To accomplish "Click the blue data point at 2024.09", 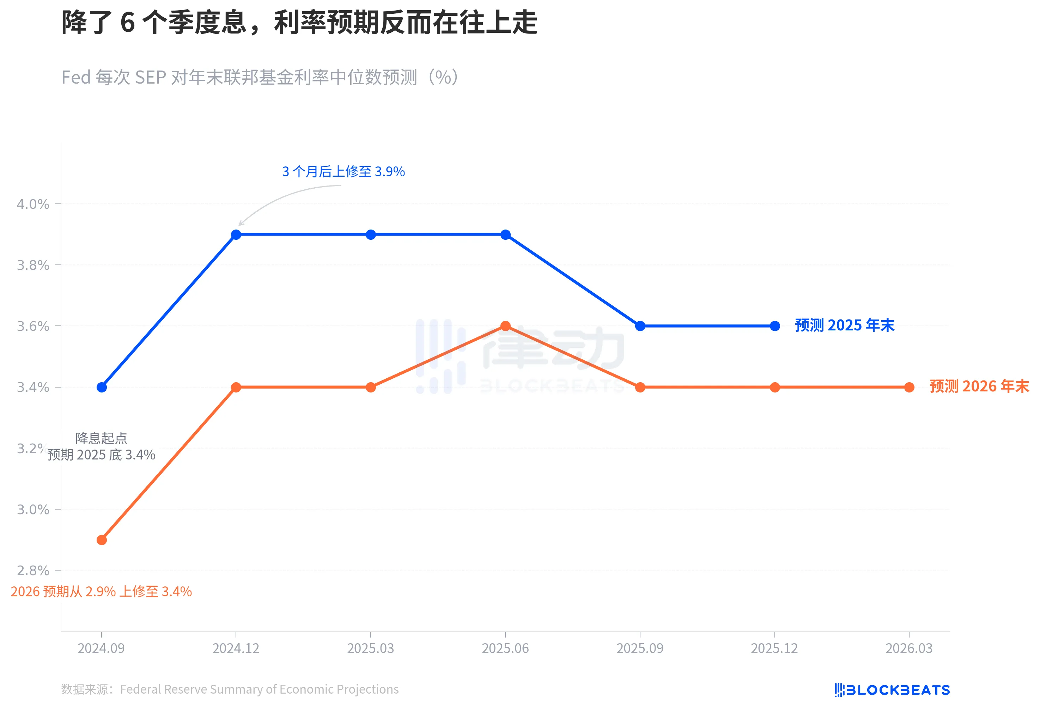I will (x=102, y=387).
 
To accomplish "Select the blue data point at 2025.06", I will (x=505, y=234).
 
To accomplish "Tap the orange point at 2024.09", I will (x=102, y=540).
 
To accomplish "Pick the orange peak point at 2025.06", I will (x=505, y=326).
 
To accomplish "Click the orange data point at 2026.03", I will (x=909, y=387).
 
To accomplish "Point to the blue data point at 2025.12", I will (x=775, y=326).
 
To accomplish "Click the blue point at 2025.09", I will (x=640, y=326).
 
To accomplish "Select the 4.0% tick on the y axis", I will (x=33, y=204).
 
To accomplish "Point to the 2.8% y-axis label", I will (x=33, y=570).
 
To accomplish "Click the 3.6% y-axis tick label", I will (x=33, y=326).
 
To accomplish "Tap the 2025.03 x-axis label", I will (x=371, y=648).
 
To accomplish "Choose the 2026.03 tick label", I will (x=909, y=648).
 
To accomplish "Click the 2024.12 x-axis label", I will (x=236, y=648).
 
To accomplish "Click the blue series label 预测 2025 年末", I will (x=844, y=325).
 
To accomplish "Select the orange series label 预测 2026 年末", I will (x=979, y=386).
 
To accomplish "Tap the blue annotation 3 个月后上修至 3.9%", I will (x=343, y=171).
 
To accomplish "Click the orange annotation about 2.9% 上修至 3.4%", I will (x=101, y=591).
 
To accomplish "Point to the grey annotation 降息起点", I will (x=101, y=438).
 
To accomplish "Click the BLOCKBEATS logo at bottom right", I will (x=892, y=690).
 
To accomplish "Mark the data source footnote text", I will (x=230, y=689).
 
